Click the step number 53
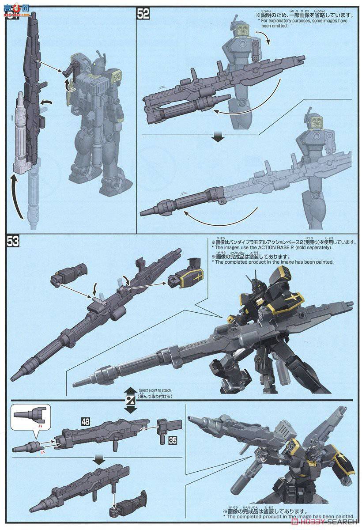(x=13, y=242)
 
